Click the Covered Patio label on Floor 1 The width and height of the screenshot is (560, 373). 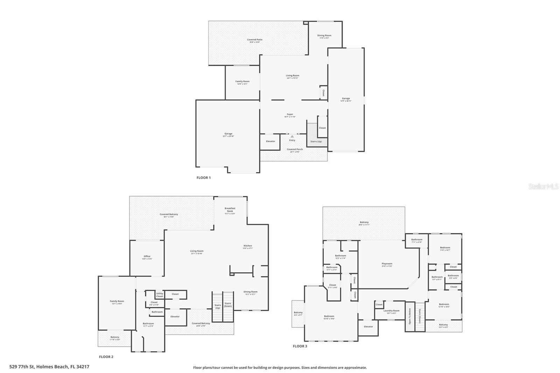pyautogui.click(x=254, y=40)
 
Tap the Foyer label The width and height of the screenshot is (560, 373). pyautogui.click(x=290, y=114)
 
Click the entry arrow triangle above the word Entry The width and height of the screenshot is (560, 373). pyautogui.click(x=292, y=136)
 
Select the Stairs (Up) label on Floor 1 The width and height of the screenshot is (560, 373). pyautogui.click(x=316, y=141)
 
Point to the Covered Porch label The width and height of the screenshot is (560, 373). pyautogui.click(x=295, y=149)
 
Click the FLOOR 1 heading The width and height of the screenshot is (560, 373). pyautogui.click(x=203, y=178)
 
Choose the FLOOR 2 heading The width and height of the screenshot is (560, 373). pyautogui.click(x=106, y=357)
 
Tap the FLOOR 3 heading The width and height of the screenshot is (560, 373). pyautogui.click(x=300, y=346)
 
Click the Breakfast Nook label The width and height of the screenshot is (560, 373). pyautogui.click(x=230, y=210)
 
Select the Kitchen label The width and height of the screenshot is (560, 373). pyautogui.click(x=247, y=246)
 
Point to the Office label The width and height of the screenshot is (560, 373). pyautogui.click(x=147, y=256)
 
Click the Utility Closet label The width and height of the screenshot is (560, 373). pyautogui.click(x=160, y=295)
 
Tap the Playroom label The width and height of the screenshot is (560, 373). pyautogui.click(x=387, y=263)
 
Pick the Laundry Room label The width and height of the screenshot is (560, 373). pyautogui.click(x=391, y=311)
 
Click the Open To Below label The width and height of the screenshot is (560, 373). pyautogui.click(x=409, y=316)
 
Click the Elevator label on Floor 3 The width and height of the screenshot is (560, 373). pyautogui.click(x=368, y=326)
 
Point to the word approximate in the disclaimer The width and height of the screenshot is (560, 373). pyautogui.click(x=356, y=368)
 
